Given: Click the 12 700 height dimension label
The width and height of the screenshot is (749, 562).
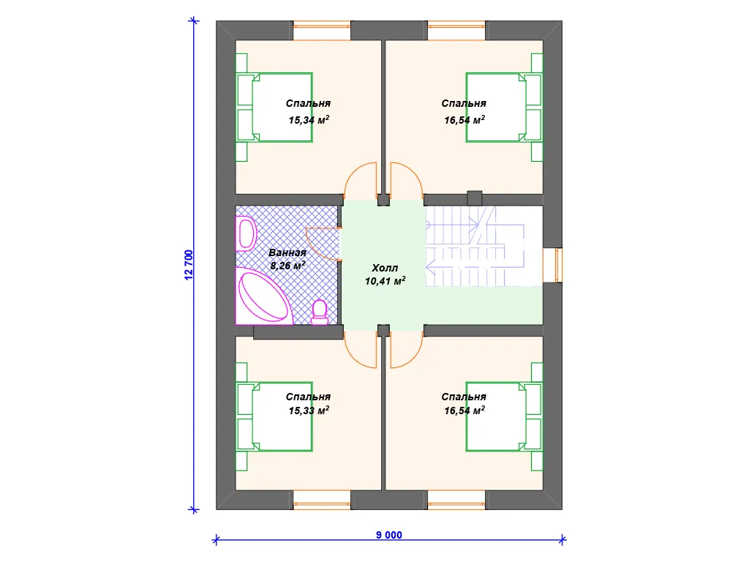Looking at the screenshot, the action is (x=189, y=265).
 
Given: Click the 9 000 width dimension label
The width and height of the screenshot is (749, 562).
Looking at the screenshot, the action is (x=389, y=535).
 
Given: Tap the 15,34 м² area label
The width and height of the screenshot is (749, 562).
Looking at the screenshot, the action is (x=309, y=119).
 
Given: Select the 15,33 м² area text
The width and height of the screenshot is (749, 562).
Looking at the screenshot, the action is (x=309, y=410).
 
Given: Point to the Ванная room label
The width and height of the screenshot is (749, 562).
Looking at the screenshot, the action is (x=287, y=252).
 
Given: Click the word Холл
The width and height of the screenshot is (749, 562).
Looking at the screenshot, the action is (x=385, y=268).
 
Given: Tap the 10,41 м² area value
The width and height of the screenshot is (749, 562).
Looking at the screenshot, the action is (x=385, y=281).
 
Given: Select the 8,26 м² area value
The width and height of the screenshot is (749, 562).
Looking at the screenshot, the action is (x=287, y=265).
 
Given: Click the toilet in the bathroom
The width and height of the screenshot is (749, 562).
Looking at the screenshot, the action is (x=320, y=312).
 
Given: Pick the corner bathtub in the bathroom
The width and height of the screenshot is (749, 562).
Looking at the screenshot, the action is (x=264, y=296).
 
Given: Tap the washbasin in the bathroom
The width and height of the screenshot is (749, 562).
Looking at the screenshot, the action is (x=246, y=233).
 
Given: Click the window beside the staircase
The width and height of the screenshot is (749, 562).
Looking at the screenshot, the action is (x=558, y=265).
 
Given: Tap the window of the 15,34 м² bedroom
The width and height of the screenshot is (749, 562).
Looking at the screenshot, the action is (x=322, y=31).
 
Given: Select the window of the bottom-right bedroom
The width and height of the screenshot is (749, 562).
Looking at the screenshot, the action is (x=456, y=500).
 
